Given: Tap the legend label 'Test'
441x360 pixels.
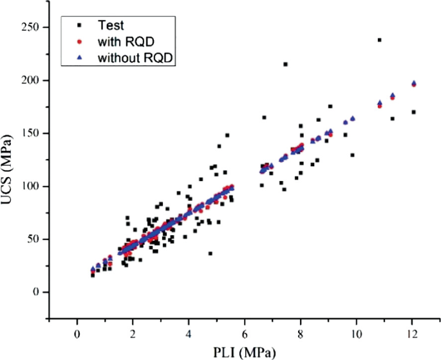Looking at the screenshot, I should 110,26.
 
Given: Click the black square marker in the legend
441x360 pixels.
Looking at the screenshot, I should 79,26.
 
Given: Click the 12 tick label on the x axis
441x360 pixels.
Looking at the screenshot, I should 412,333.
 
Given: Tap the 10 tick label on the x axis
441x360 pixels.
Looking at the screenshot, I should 356,333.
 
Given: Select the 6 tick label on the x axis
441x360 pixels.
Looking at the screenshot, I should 245,333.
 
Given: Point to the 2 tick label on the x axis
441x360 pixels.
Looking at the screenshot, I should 133,333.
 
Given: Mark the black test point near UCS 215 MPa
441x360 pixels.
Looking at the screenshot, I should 285,64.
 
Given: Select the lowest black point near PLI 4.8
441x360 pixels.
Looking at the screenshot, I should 211,253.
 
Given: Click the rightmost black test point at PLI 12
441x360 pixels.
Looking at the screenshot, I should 413,112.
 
